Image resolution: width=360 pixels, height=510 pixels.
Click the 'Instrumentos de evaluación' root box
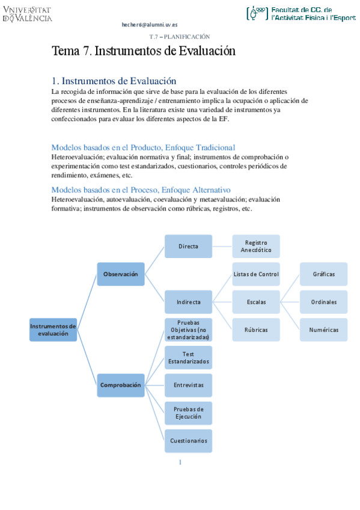[x=53, y=330]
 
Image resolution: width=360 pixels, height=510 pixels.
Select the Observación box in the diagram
[x=121, y=274]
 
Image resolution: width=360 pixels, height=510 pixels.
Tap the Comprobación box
[x=121, y=385]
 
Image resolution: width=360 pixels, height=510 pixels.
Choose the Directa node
[x=188, y=246]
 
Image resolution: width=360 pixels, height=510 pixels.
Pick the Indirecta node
[x=188, y=302]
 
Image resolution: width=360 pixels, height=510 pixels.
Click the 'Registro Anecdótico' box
[x=256, y=246]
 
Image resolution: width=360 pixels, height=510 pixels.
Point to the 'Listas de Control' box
[x=256, y=274]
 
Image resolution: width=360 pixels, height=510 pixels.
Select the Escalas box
[x=256, y=302]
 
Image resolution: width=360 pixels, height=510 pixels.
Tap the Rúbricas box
[x=256, y=330]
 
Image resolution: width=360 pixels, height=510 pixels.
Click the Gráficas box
[x=323, y=274]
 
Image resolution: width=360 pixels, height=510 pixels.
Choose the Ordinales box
[x=323, y=302]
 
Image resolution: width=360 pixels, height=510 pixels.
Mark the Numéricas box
[x=323, y=330]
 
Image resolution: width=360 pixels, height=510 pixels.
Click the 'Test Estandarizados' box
[x=188, y=358]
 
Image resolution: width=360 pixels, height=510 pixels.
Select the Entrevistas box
[x=188, y=385]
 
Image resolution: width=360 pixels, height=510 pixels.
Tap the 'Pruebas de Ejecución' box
[x=188, y=413]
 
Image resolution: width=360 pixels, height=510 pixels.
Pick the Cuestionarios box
[x=188, y=441]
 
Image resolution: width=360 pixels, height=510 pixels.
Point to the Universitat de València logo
[x=28, y=14]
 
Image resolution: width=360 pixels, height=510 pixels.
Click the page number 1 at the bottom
[x=180, y=462]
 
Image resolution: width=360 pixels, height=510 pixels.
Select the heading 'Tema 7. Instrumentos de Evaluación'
[x=144, y=51]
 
